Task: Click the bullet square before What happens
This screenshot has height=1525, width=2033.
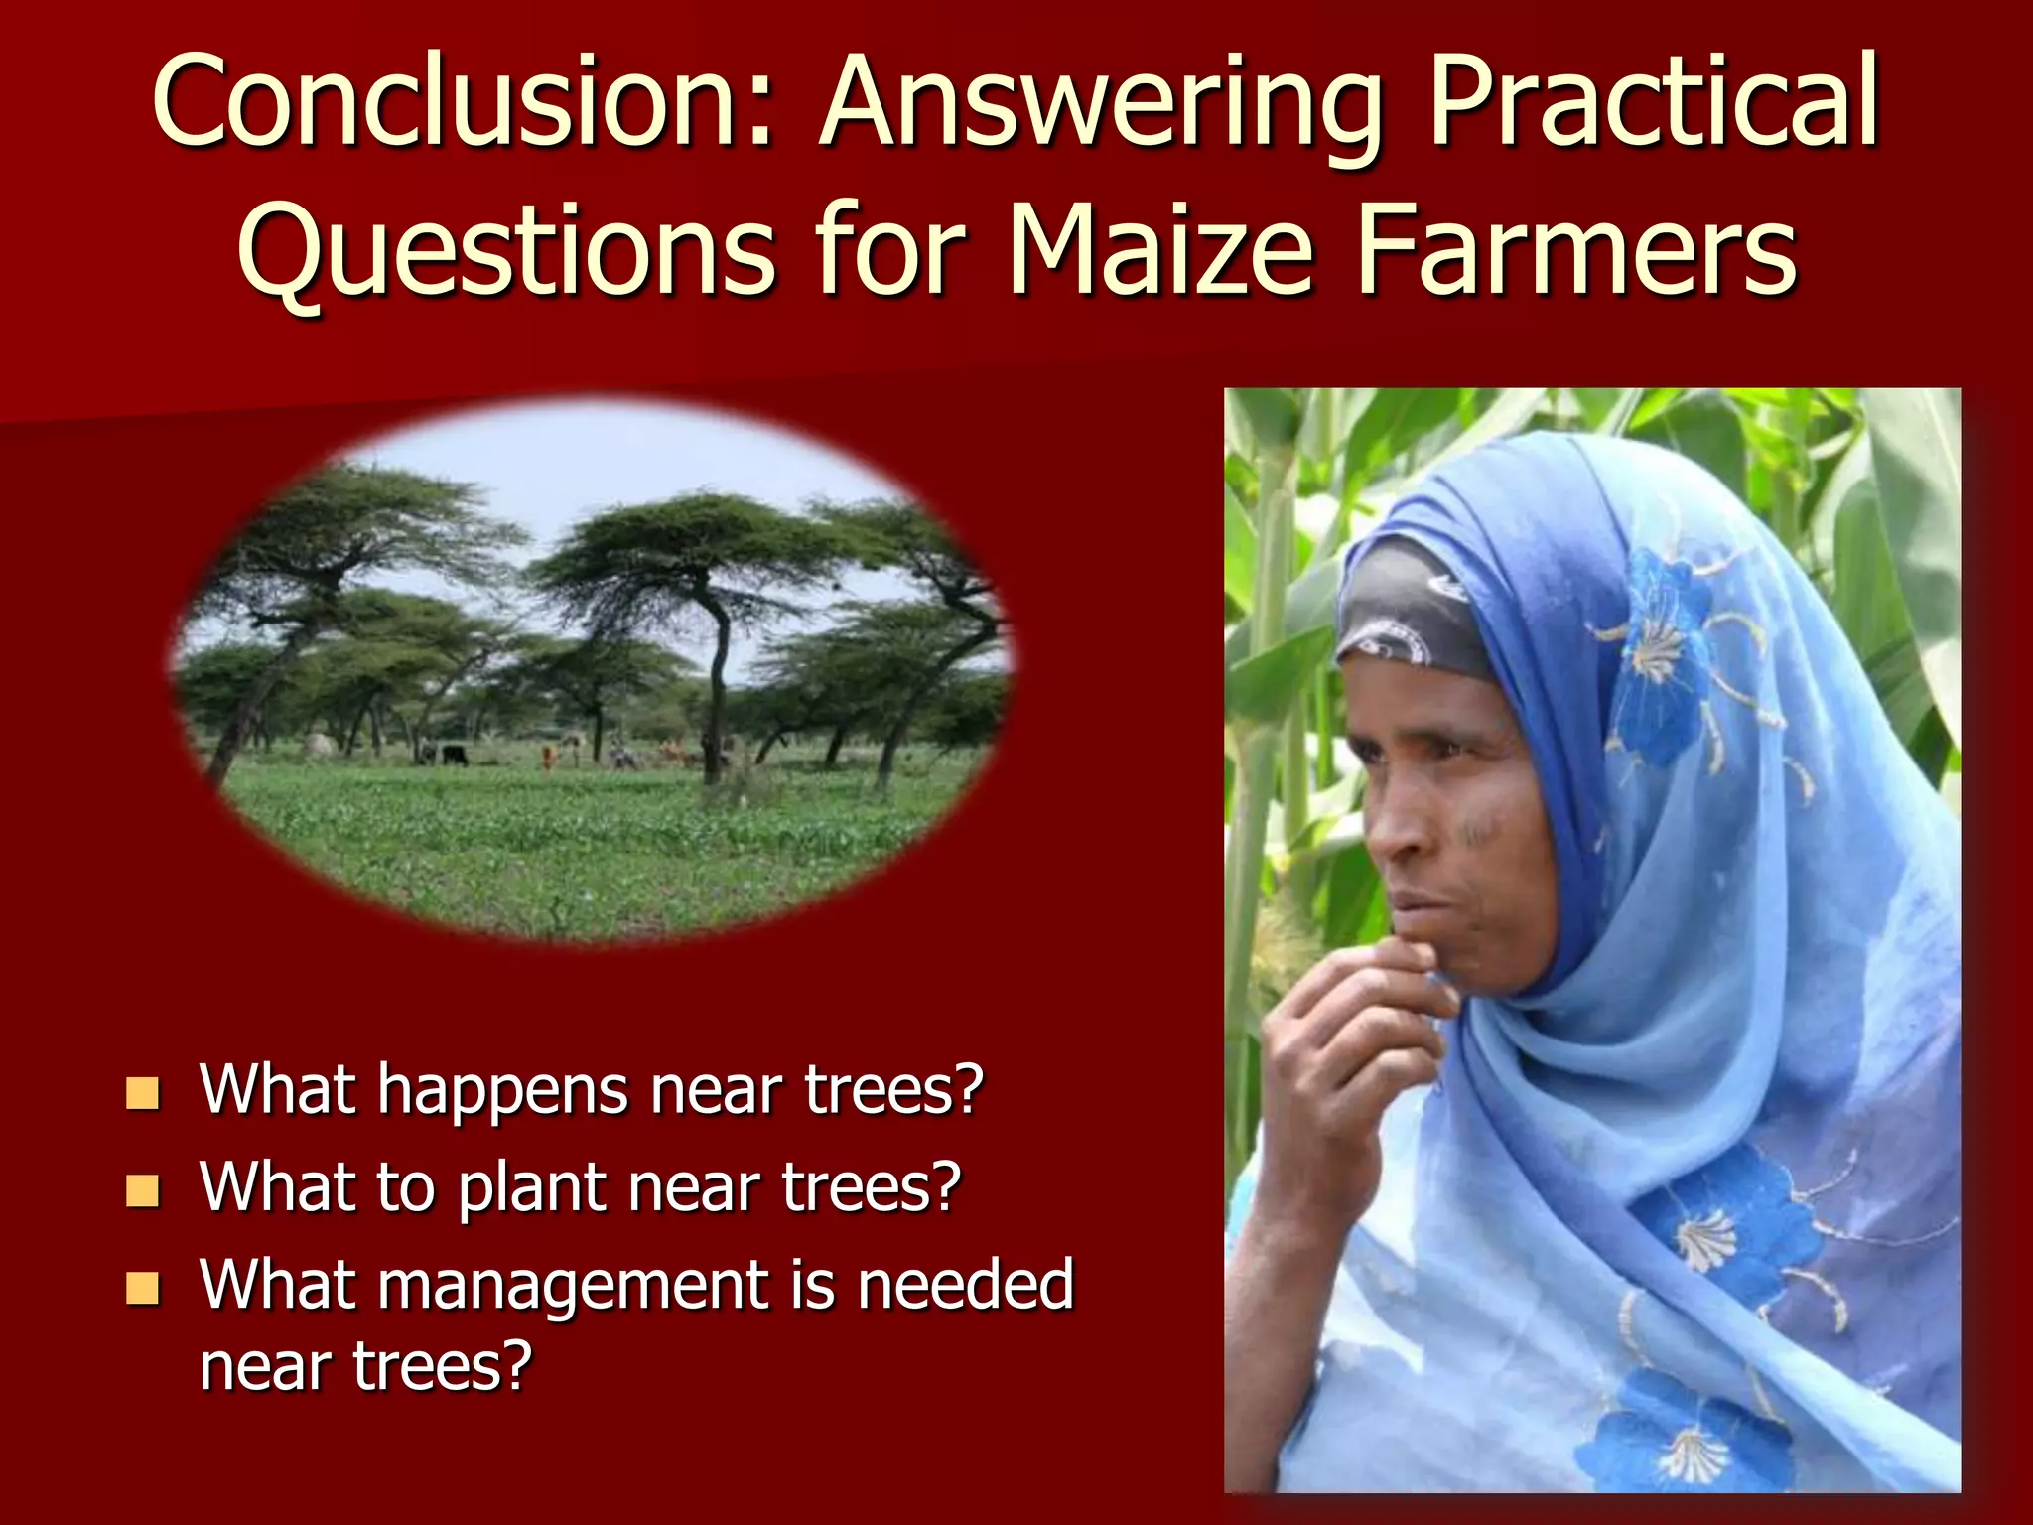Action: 143,1093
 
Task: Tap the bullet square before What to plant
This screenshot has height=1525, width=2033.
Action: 143,1190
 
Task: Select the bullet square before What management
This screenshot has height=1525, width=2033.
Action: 143,1288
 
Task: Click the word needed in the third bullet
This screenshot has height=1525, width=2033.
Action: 965,1285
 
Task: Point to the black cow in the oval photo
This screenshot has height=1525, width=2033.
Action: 455,755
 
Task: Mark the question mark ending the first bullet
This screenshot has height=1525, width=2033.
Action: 967,1090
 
